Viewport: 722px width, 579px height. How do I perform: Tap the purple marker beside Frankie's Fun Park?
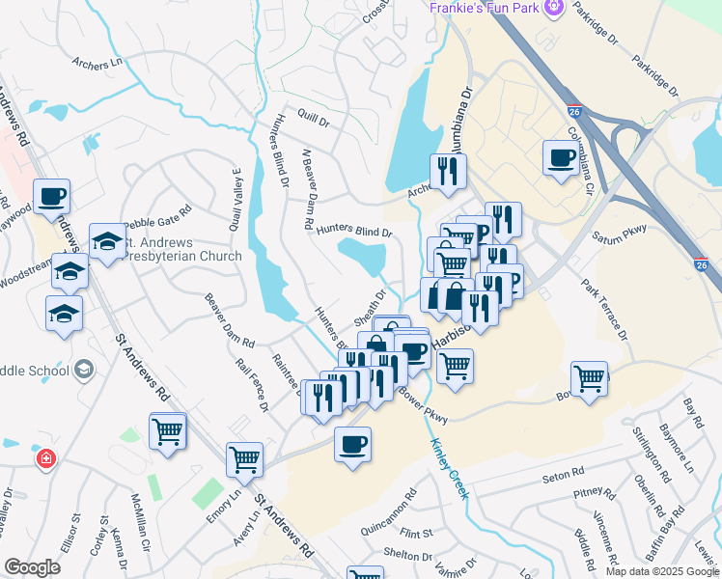pyautogui.click(x=554, y=9)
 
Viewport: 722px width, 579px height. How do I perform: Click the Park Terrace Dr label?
pyautogui.click(x=604, y=310)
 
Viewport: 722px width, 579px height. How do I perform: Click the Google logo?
pyautogui.click(x=32, y=567)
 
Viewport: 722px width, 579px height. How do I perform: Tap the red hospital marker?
pyautogui.click(x=44, y=458)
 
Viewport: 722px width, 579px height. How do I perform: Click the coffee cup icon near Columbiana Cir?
pyautogui.click(x=560, y=158)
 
